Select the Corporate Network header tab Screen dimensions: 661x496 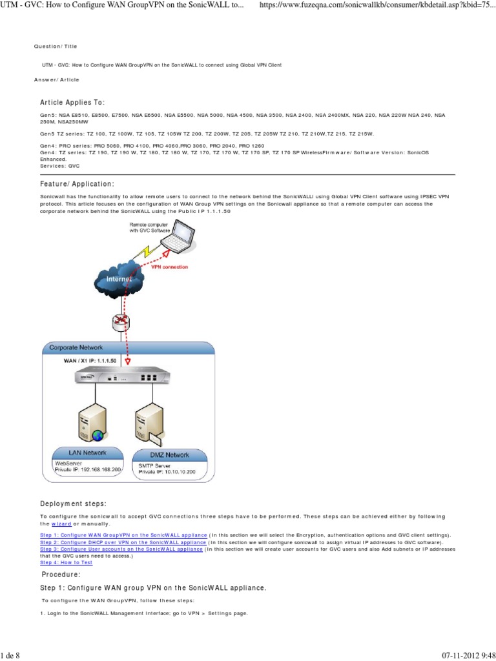[x=74, y=348]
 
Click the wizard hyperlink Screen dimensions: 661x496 [x=61, y=524]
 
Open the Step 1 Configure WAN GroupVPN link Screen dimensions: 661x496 [x=123, y=535]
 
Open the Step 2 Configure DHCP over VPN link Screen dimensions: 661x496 [x=123, y=542]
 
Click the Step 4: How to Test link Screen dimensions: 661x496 [x=66, y=562]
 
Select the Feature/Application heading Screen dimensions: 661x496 [x=77, y=184]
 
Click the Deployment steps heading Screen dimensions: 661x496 [x=73, y=503]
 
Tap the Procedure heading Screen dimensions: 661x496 [x=61, y=574]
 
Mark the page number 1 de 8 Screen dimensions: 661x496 [x=11, y=656]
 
